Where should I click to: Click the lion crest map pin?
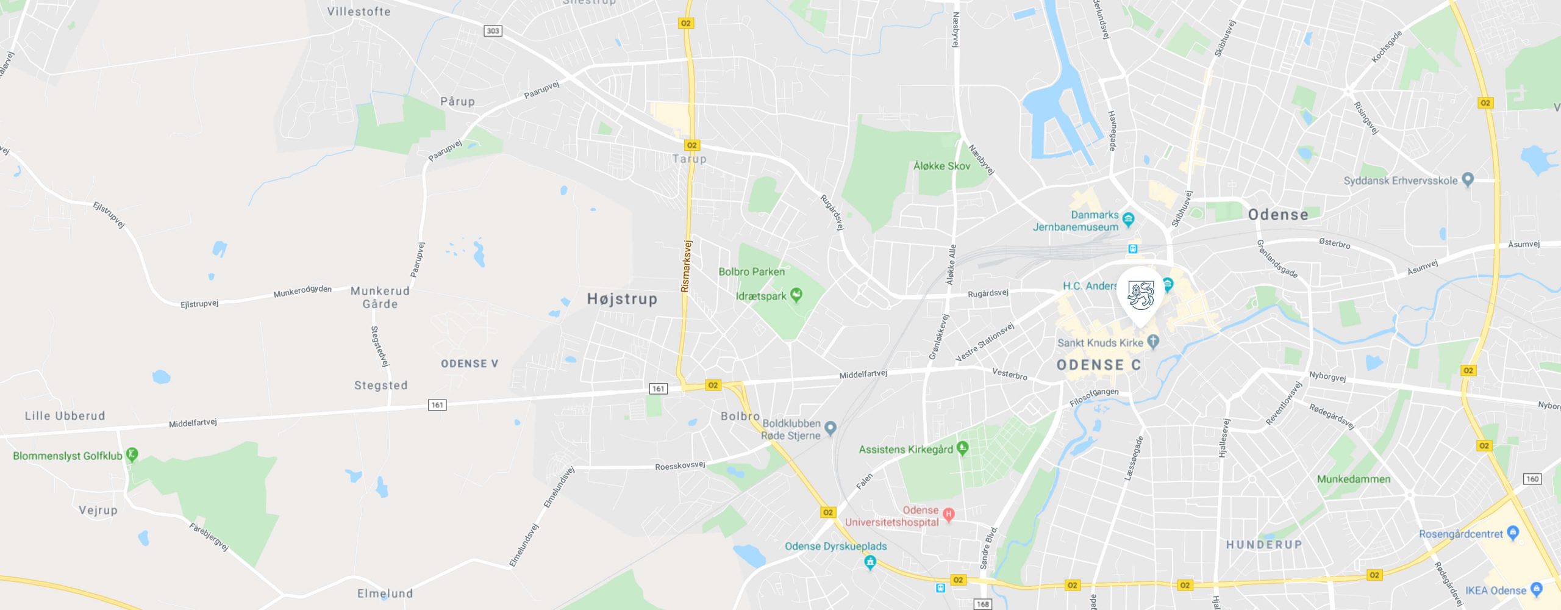pos(1140,296)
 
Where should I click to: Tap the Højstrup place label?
pos(622,299)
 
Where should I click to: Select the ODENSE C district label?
pos(1099,365)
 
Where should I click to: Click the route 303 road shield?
pos(493,31)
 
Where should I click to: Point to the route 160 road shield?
pos(1532,479)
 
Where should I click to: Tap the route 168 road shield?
pos(983,604)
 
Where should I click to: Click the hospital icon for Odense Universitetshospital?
pos(948,514)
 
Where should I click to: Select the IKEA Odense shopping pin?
pos(1536,589)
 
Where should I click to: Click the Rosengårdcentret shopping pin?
pos(1512,533)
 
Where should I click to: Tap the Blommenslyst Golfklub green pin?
pos(132,454)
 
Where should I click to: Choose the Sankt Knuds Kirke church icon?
pos(1152,342)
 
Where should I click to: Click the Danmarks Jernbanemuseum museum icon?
pos(1128,219)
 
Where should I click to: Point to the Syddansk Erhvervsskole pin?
pos(1468,179)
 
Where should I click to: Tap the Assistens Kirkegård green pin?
pos(962,448)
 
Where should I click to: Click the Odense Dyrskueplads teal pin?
pos(870,562)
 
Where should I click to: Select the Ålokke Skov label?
pos(941,166)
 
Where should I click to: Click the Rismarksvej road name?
pos(687,265)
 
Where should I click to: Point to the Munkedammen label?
pos(1354,479)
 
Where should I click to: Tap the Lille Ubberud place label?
pos(65,416)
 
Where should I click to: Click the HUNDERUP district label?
pos(1264,544)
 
